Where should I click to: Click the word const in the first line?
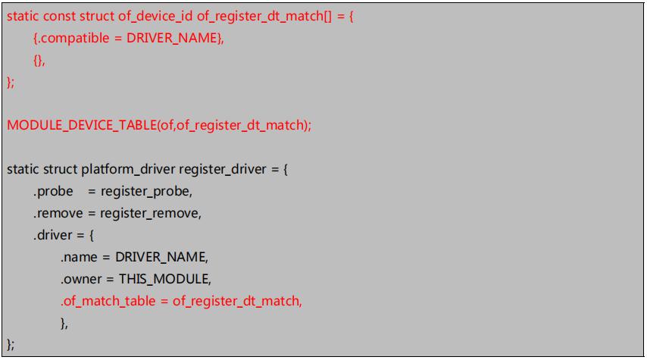point(60,17)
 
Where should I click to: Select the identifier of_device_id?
point(157,17)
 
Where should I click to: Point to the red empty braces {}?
point(39,61)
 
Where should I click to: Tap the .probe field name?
point(52,191)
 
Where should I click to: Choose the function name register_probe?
point(146,191)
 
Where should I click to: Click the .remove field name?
point(58,213)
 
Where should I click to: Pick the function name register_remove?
point(151,213)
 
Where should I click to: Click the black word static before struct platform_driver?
point(22,170)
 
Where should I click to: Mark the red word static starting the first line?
point(22,17)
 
